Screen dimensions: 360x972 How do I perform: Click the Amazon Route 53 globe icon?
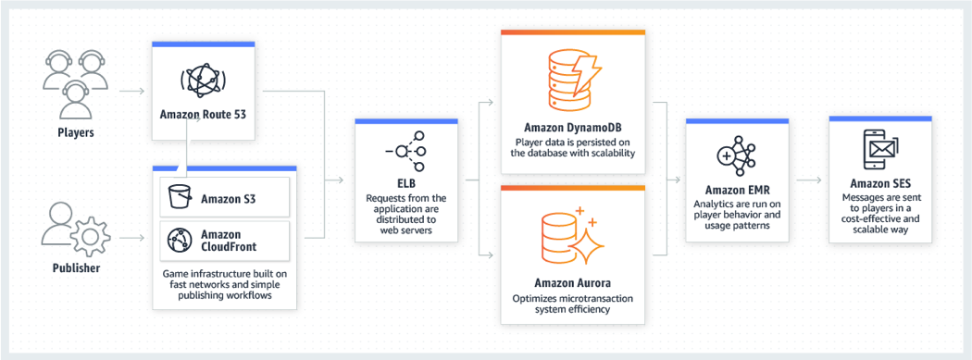(202, 81)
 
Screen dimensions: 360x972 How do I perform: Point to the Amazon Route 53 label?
(202, 116)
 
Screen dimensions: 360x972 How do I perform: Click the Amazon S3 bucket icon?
(179, 197)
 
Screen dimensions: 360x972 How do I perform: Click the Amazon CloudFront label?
(230, 242)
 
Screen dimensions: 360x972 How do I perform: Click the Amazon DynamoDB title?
(572, 128)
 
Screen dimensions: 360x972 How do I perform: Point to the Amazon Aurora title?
(572, 281)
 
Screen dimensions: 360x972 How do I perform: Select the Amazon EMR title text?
(737, 189)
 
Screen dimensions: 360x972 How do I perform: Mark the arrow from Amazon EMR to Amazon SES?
(809, 180)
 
